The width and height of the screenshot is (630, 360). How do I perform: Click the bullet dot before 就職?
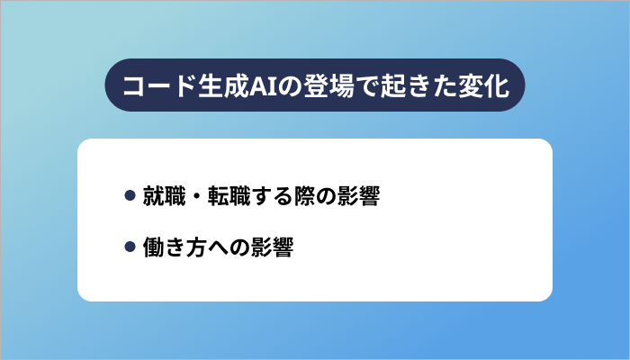coord(130,195)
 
